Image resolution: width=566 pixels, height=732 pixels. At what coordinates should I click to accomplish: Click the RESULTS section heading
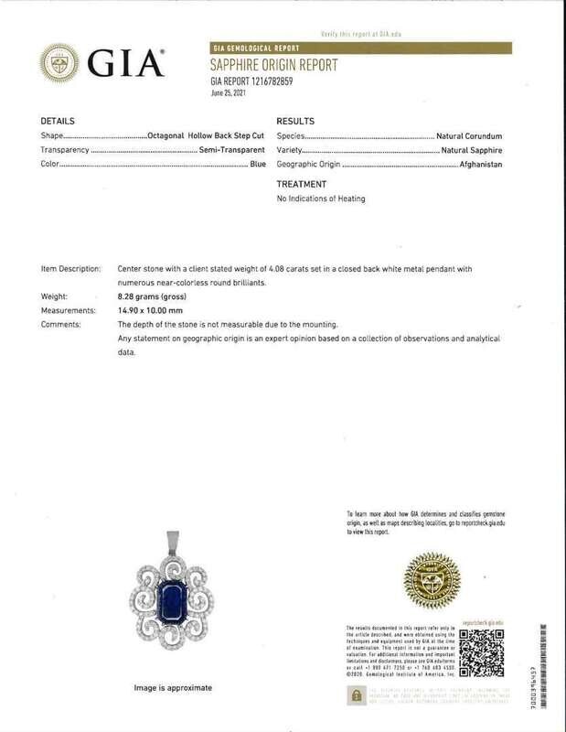295,122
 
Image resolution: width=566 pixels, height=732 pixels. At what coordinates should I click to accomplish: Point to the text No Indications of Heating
320,199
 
